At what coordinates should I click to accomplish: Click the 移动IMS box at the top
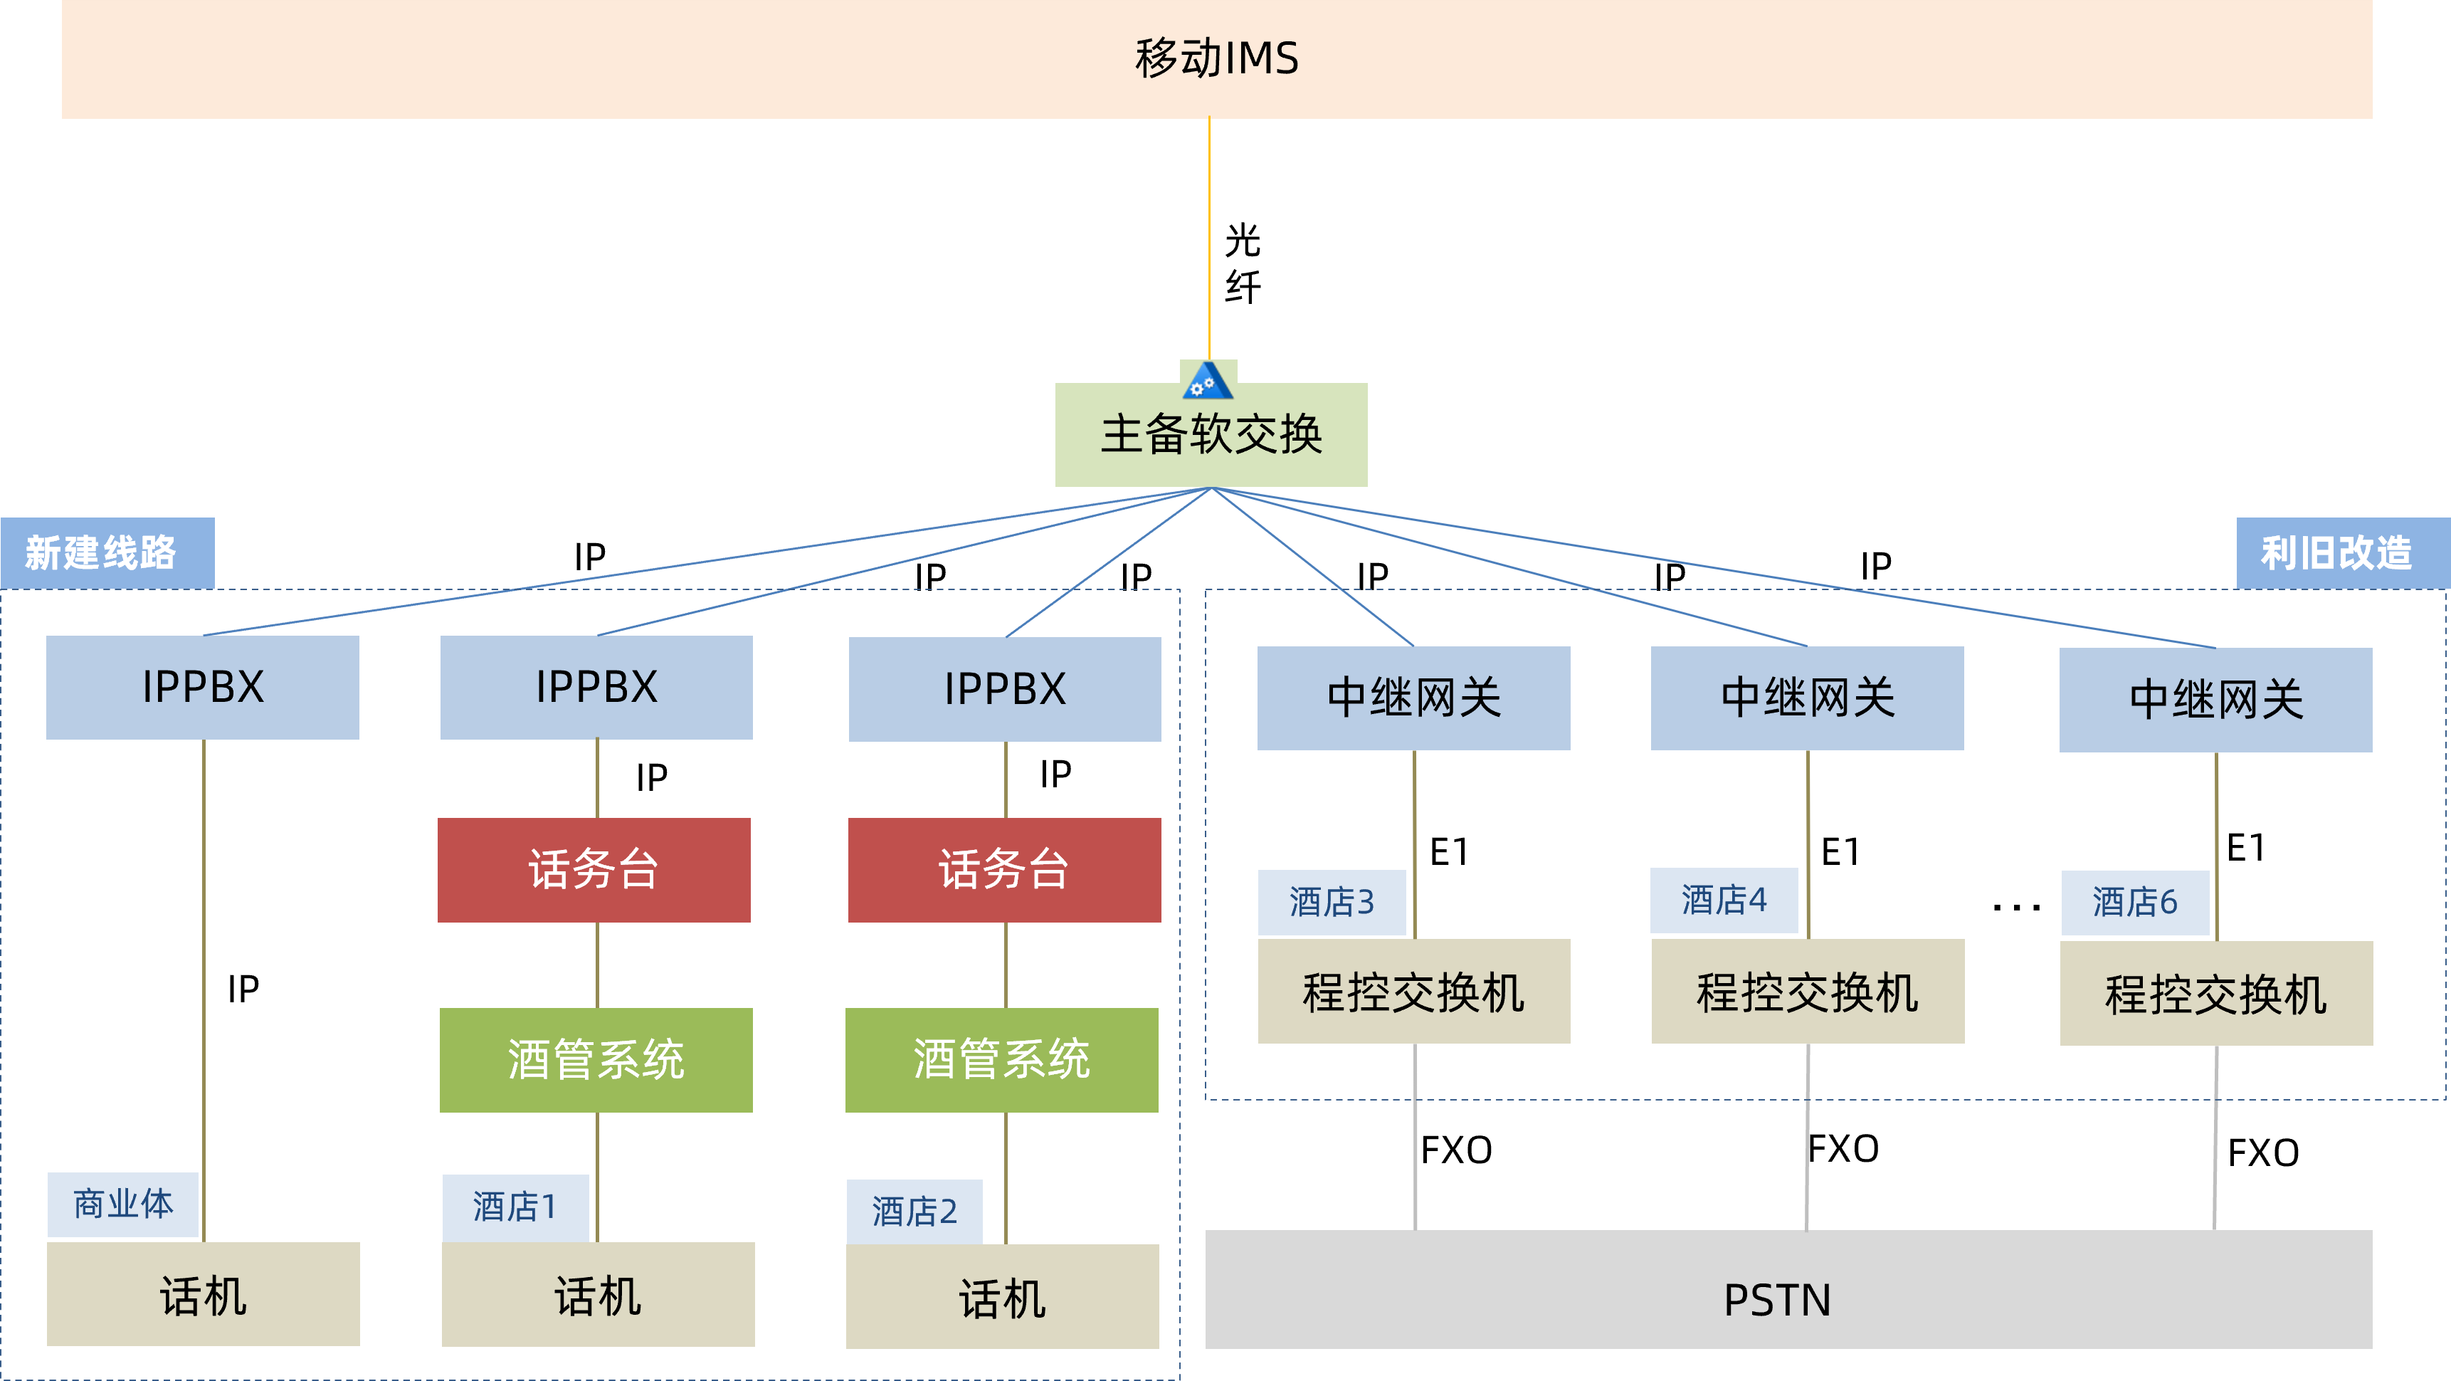tap(1216, 58)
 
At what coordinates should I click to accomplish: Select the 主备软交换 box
tap(1211, 436)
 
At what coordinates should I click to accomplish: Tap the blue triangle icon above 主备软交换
tap(1208, 381)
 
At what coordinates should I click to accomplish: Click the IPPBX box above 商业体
tap(203, 687)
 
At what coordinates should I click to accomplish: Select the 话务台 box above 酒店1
tap(594, 870)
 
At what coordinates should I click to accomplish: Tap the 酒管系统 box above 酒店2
tap(1002, 1059)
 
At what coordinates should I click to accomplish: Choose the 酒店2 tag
tap(914, 1212)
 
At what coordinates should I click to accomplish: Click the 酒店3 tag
tap(1331, 902)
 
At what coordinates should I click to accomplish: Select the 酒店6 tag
tap(2134, 902)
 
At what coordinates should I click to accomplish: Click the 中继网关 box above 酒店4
tap(1807, 698)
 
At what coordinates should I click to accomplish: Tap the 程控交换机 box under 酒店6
tap(2216, 994)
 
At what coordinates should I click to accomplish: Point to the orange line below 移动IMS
tap(1209, 238)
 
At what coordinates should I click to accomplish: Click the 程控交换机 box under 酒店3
tap(1414, 992)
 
